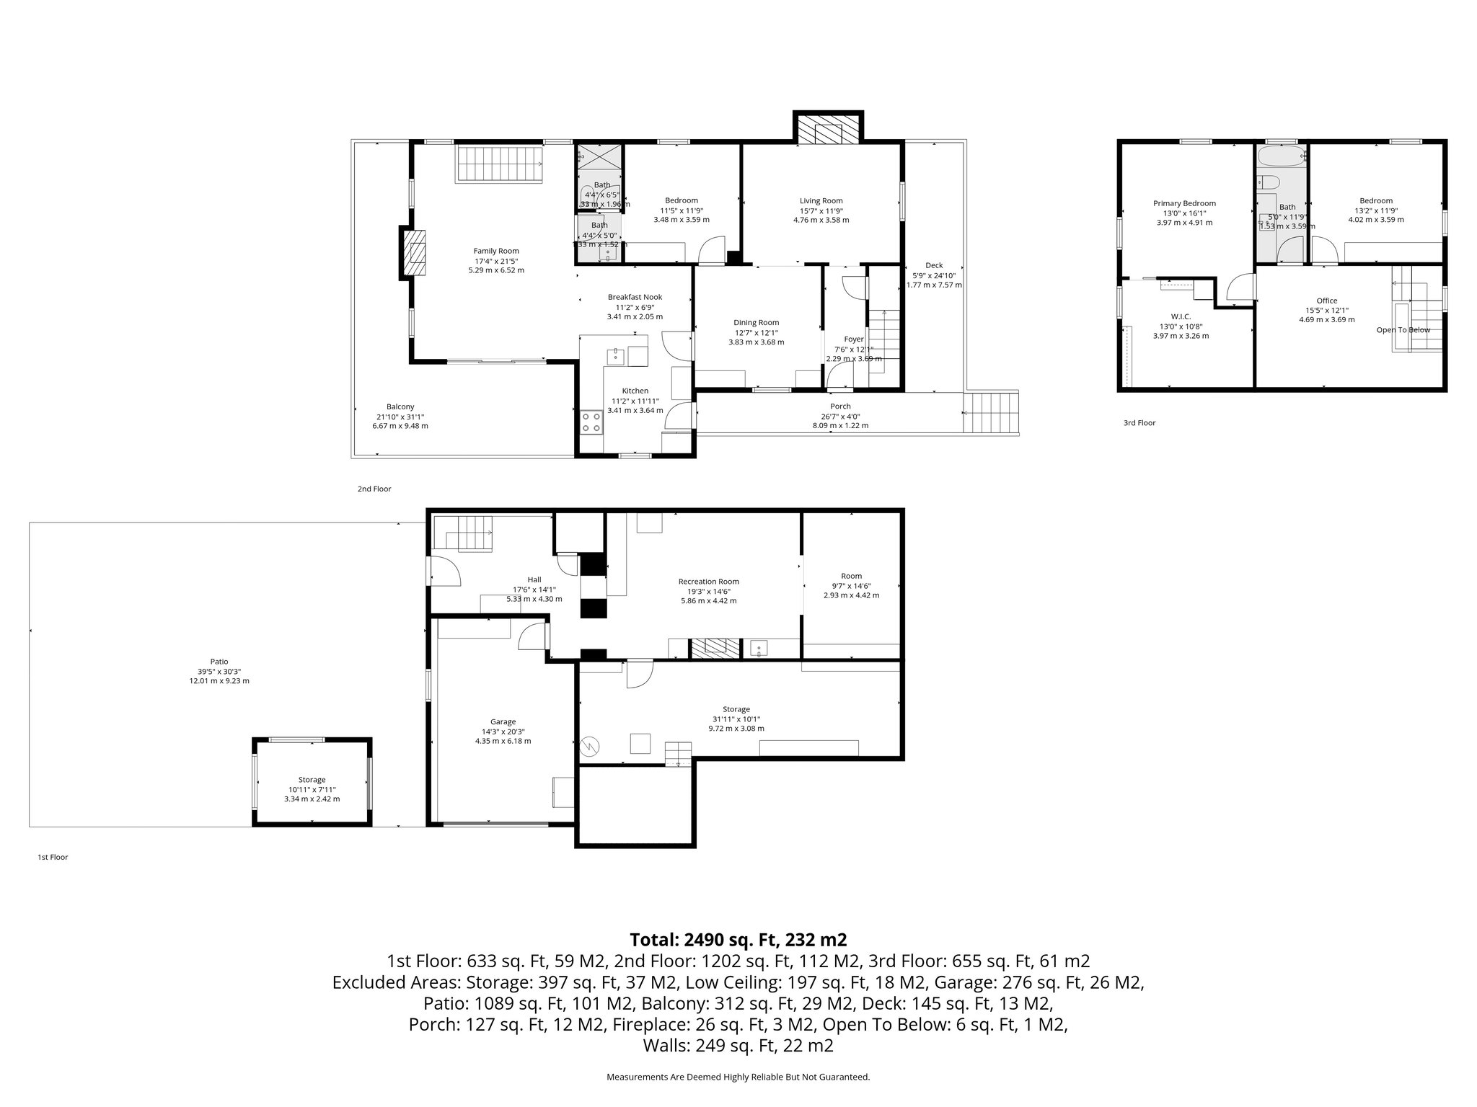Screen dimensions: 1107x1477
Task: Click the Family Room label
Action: click(x=496, y=251)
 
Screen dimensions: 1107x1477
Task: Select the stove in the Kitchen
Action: click(x=592, y=422)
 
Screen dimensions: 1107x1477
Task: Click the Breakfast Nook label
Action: click(x=635, y=297)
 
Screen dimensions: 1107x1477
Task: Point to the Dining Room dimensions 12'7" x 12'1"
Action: click(x=756, y=332)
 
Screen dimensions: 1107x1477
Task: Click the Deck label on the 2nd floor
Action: click(x=933, y=265)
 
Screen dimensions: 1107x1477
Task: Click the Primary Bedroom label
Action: click(x=1184, y=203)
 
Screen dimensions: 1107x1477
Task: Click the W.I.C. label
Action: click(x=1181, y=316)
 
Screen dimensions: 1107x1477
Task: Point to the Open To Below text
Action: click(x=1403, y=330)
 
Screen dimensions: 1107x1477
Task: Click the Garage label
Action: click(x=503, y=721)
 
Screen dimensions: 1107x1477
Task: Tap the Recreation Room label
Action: click(x=708, y=581)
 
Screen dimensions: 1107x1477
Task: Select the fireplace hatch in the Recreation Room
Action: click(x=715, y=648)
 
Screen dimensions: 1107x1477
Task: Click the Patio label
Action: click(x=219, y=661)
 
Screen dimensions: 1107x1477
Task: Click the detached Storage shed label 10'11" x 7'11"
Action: click(x=312, y=789)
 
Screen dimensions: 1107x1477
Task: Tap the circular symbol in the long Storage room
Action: click(x=590, y=746)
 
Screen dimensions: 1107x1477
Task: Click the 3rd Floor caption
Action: click(x=1139, y=423)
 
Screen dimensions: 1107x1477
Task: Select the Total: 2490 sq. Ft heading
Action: click(x=738, y=940)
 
